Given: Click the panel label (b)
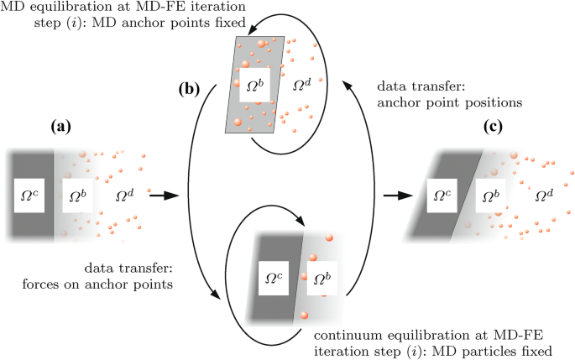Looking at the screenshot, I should [187, 87].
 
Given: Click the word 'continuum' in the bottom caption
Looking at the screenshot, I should [348, 333].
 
